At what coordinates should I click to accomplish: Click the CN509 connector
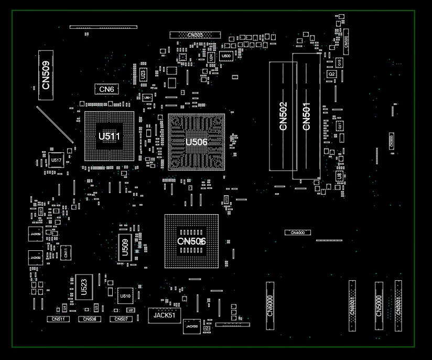click(x=46, y=75)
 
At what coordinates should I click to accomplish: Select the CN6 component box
click(x=106, y=89)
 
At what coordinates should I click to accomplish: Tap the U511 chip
click(x=110, y=136)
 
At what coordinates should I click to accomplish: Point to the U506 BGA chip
click(x=197, y=142)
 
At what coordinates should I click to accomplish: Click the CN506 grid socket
click(x=191, y=241)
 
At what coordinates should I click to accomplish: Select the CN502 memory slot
click(x=283, y=116)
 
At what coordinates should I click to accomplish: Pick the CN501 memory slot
click(x=307, y=116)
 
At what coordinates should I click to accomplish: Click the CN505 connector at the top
click(x=195, y=35)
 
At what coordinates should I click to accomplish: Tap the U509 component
click(x=125, y=247)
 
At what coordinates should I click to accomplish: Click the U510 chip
click(x=125, y=296)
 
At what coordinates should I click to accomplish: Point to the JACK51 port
click(x=165, y=315)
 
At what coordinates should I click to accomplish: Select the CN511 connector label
click(x=58, y=319)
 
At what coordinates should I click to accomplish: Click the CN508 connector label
click(x=90, y=319)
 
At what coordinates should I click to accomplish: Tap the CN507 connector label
click(x=121, y=319)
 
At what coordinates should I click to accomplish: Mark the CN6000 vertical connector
click(x=270, y=305)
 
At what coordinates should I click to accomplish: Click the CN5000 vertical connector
click(x=379, y=306)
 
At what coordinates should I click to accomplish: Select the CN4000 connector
click(x=298, y=232)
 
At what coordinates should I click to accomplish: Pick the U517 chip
click(x=56, y=160)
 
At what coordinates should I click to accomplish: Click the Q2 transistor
click(x=331, y=75)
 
